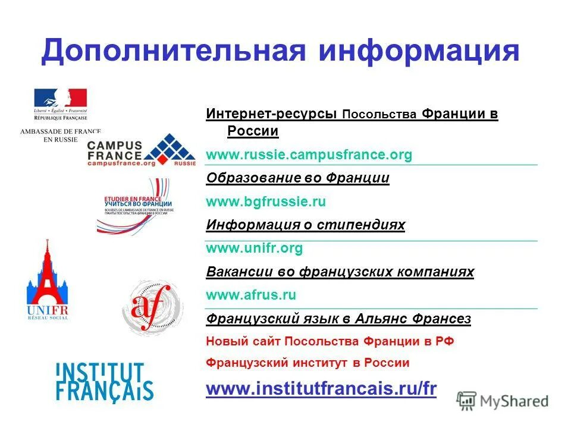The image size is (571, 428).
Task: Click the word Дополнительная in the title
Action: pos(172,51)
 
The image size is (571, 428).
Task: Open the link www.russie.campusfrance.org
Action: pos(309,155)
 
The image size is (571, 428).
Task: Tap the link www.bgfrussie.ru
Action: pos(266,202)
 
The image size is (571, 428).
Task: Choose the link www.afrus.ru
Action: pos(251,295)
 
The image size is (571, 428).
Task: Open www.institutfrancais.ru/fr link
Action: pos(321,389)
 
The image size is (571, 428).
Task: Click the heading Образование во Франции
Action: pos(297,178)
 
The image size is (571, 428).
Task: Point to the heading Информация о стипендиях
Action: pos(305,225)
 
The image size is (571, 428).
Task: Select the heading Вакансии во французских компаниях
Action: pos(340,272)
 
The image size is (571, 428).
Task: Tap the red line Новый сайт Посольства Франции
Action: pos(330,342)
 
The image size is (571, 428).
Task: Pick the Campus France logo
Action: pos(140,150)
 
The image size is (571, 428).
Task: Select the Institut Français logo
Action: pos(104,381)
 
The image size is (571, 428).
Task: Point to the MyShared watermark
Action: pos(503,400)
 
